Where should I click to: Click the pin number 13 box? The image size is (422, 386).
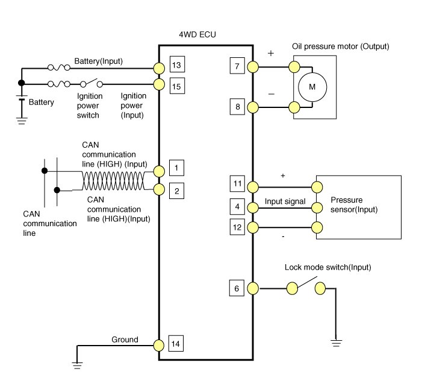[x=176, y=65]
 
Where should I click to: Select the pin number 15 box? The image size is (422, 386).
[x=176, y=87]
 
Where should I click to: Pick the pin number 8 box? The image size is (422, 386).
[x=237, y=107]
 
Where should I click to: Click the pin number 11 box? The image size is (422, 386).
[x=237, y=183]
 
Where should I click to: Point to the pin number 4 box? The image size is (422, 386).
[x=237, y=207]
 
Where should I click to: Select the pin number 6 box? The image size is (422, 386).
[x=237, y=289]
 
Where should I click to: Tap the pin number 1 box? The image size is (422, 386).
[x=176, y=167]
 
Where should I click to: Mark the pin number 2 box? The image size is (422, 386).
[x=176, y=192]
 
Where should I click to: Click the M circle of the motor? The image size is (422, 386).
[x=312, y=87]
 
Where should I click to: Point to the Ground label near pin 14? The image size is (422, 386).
[x=125, y=340]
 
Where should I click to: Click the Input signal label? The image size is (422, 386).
[x=285, y=201]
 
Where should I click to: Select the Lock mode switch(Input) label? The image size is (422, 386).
[x=327, y=267]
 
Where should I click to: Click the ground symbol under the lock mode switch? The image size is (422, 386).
[x=336, y=343]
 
